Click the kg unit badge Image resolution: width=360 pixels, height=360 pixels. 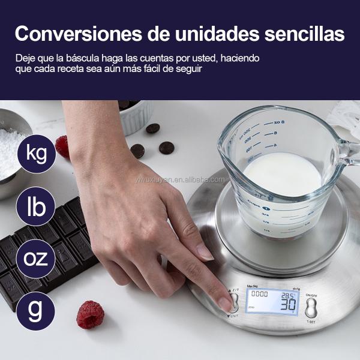(x=36, y=154)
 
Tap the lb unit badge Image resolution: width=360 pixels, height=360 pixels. (x=36, y=207)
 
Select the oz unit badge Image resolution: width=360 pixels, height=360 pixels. (x=36, y=259)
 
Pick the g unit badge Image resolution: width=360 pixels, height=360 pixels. (x=36, y=311)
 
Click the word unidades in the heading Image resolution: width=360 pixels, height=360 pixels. (x=203, y=34)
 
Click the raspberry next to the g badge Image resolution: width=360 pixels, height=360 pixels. (x=90, y=314)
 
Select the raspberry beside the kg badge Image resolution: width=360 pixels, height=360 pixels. (x=62, y=146)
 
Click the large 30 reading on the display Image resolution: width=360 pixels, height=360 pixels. (x=289, y=304)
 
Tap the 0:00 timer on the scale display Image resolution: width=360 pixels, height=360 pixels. (x=259, y=295)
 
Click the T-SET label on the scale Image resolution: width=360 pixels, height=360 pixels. (x=311, y=322)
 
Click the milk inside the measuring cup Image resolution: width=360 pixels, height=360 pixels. (x=282, y=174)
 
